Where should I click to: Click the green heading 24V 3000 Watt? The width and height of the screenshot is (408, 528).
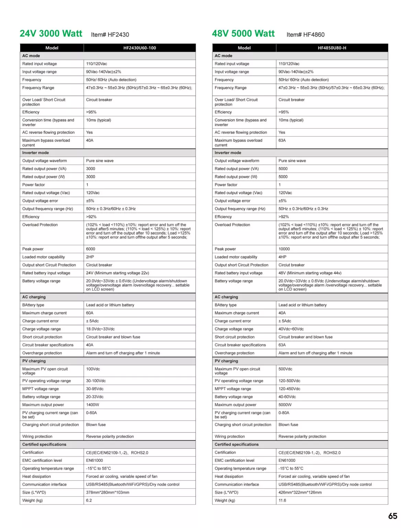tap(51, 34)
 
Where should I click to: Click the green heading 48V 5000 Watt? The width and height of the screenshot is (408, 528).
tap(243, 34)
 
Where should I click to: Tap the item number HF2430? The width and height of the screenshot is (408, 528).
tap(110, 35)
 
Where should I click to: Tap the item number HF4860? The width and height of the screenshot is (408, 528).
tap(306, 35)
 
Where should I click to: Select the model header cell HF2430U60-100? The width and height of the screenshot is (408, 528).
tap(140, 48)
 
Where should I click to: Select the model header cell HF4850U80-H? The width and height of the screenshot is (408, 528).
tap(332, 48)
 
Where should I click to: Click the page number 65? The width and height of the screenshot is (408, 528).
tap(393, 516)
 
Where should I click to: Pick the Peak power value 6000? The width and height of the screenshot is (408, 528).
tap(91, 249)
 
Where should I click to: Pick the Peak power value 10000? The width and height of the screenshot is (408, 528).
tap(284, 249)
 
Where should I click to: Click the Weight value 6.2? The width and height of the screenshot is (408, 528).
tap(89, 500)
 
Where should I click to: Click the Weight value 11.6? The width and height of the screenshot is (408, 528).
tap(282, 500)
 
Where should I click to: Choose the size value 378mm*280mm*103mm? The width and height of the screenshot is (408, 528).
tap(108, 493)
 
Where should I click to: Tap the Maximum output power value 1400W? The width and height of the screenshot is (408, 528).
tap(92, 405)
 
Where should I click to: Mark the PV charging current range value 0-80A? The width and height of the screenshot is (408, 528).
tap(284, 413)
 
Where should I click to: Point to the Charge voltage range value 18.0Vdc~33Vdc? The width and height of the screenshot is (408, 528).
tap(100, 329)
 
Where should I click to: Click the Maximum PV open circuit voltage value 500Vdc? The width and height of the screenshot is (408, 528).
tap(285, 369)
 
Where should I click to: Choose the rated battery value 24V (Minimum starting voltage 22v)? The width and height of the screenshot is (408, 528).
tap(118, 273)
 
